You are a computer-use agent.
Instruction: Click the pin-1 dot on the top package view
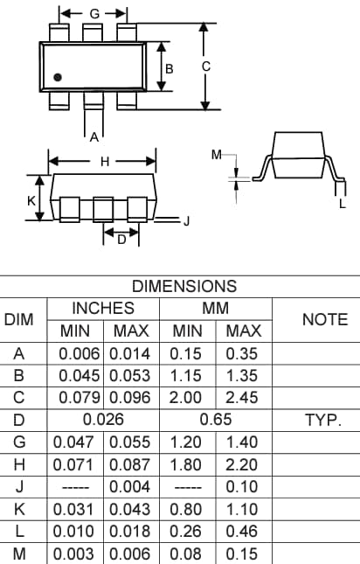(59, 78)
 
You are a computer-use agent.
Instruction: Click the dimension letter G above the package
(94, 14)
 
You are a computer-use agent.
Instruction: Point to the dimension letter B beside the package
(170, 67)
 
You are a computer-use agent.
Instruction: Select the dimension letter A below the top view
(93, 136)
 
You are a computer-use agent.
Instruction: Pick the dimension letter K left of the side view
(31, 199)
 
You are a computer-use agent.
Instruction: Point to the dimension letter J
(186, 221)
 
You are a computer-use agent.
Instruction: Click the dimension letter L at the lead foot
(342, 204)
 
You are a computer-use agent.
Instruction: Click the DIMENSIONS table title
(183, 286)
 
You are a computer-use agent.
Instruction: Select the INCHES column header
(103, 309)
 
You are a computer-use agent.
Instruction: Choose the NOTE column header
(324, 320)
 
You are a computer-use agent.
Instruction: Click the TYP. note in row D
(324, 420)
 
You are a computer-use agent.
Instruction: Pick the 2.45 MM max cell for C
(243, 398)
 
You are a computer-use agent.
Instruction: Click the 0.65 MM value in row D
(216, 420)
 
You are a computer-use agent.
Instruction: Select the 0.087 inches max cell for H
(132, 464)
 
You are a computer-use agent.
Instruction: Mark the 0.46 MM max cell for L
(243, 531)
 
